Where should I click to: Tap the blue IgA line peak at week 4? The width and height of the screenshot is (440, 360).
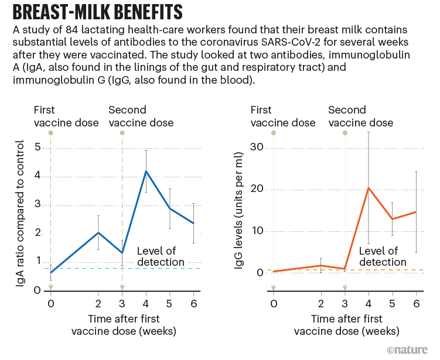click(x=146, y=171)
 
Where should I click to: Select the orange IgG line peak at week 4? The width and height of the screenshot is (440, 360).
click(x=369, y=188)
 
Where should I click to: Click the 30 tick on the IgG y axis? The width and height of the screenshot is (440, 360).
click(x=255, y=148)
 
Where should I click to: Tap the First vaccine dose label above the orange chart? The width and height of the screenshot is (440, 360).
click(x=282, y=116)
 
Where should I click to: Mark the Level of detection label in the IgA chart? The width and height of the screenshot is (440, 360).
click(x=160, y=256)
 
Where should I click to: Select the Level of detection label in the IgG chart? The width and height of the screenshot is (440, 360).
click(x=383, y=256)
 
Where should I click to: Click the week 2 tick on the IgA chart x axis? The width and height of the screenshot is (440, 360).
click(x=98, y=304)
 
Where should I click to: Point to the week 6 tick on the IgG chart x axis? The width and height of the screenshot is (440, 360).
click(x=417, y=304)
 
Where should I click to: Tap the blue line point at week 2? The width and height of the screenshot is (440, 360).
click(x=98, y=232)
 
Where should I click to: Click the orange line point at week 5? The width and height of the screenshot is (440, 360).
click(x=393, y=219)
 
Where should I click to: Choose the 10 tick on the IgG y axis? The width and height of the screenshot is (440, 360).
click(x=255, y=231)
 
